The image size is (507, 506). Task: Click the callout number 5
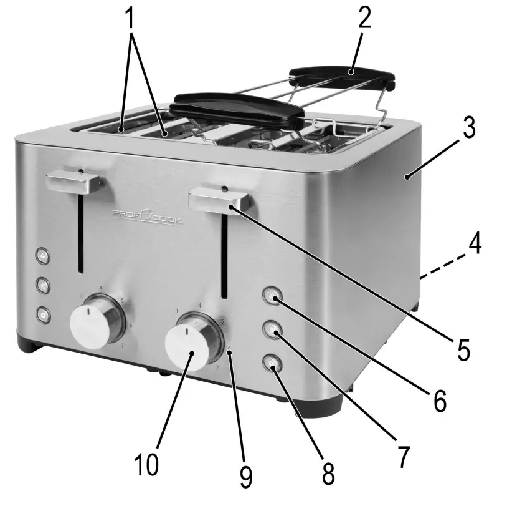click(x=462, y=350)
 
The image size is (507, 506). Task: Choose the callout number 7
click(x=404, y=458)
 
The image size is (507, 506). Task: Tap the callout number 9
click(x=247, y=477)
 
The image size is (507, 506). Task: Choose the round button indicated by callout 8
click(x=272, y=364)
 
